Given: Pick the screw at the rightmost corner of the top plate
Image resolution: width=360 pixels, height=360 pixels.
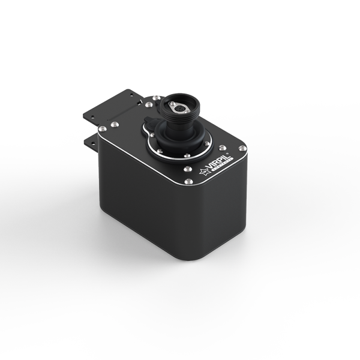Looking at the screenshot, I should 242,148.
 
